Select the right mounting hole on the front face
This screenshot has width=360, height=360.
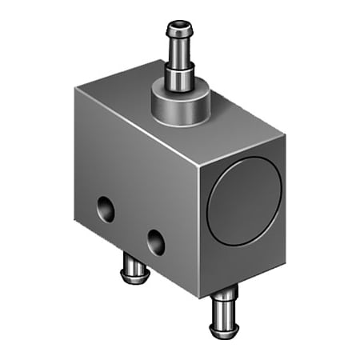[x=156, y=240]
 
